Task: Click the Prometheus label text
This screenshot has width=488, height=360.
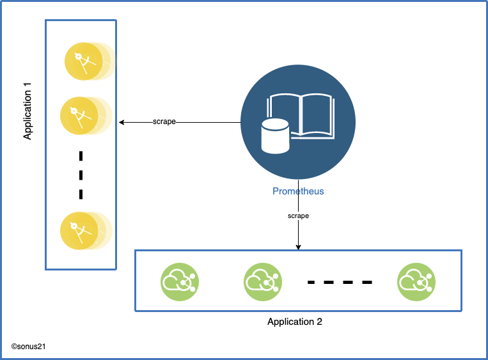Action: tap(298, 191)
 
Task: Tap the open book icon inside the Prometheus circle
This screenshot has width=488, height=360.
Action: tap(301, 115)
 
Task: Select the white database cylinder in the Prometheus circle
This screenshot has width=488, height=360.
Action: tap(275, 136)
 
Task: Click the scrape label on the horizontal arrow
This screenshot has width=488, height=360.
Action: tap(164, 121)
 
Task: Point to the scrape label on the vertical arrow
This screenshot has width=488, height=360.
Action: tap(298, 216)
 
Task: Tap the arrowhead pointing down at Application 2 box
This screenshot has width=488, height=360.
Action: tap(298, 247)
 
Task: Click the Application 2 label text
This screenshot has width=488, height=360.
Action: tap(295, 322)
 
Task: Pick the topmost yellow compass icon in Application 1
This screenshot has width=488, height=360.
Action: tap(82, 61)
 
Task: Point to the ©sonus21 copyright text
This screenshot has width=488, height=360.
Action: tap(28, 346)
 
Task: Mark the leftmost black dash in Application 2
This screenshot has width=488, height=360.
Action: tap(313, 282)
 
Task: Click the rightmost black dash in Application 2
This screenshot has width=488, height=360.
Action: tap(366, 282)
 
